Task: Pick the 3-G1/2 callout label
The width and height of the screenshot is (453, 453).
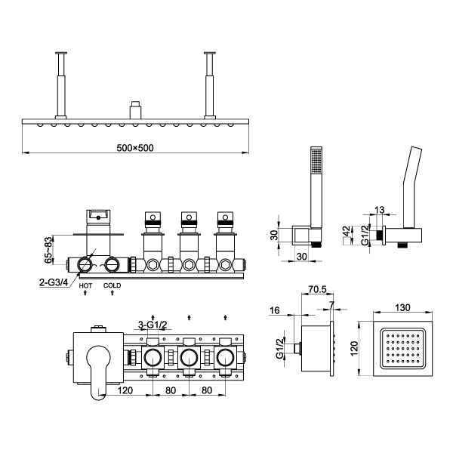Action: [153, 325]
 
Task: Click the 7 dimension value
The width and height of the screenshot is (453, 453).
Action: [331, 304]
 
